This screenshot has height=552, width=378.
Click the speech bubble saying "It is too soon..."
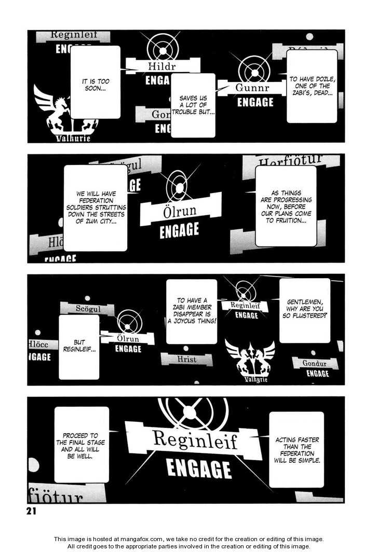click(x=95, y=82)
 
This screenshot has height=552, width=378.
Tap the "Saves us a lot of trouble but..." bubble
click(x=193, y=105)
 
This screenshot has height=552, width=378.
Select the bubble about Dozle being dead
click(x=312, y=86)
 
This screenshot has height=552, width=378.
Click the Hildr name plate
click(x=162, y=66)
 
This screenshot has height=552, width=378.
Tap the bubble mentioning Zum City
click(x=95, y=208)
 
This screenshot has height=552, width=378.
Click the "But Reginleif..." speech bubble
click(x=79, y=347)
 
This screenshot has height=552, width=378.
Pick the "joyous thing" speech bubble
click(x=192, y=311)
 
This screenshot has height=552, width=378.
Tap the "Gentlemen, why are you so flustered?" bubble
click(x=305, y=310)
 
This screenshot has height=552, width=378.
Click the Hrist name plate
click(x=186, y=359)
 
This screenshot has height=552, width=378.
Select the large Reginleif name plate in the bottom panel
click(x=194, y=440)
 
